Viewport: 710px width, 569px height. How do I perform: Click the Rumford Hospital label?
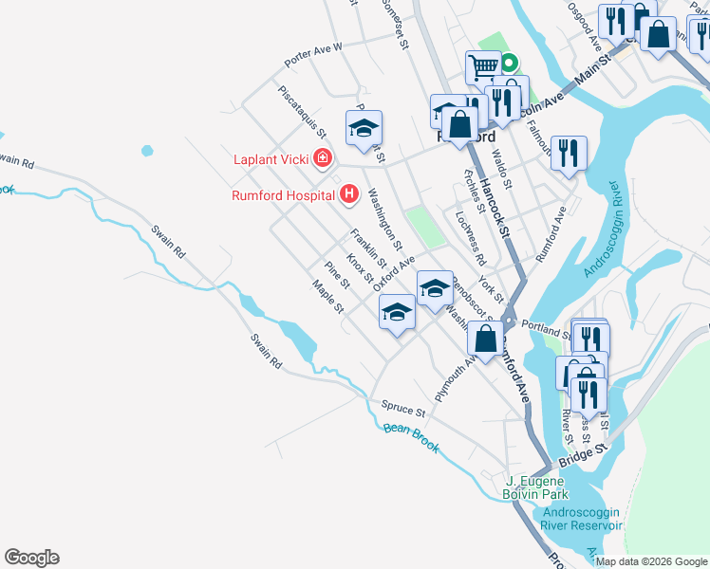284,196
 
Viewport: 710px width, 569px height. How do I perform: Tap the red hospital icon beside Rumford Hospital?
348,195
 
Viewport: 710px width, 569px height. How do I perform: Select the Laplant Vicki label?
272,158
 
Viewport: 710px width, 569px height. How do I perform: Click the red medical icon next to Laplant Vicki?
323,158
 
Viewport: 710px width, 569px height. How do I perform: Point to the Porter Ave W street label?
312,55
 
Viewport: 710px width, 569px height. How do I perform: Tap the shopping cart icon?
483,66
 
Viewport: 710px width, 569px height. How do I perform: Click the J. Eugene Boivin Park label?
536,487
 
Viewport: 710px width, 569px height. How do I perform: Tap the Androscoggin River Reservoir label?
582,519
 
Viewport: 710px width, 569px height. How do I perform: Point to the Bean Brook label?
411,437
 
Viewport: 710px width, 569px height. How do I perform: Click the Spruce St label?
403,409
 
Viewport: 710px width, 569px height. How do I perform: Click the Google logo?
31,558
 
